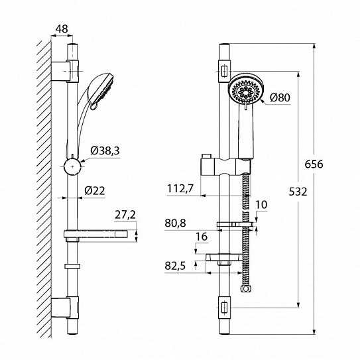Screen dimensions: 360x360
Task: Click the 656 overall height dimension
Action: point(314,164)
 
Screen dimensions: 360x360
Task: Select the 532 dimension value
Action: point(298,192)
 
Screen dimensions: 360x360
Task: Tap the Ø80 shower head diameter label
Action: point(280,97)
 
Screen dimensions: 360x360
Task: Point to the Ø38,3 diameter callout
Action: point(105,151)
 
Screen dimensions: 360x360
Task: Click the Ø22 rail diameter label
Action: point(95,190)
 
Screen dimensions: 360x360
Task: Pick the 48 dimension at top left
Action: point(62,29)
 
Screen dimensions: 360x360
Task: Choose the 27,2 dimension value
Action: point(125,215)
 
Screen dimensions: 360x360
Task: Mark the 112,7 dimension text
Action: point(180,189)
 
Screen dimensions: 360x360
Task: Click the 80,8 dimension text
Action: point(175,223)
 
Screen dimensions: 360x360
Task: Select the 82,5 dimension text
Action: point(175,266)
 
